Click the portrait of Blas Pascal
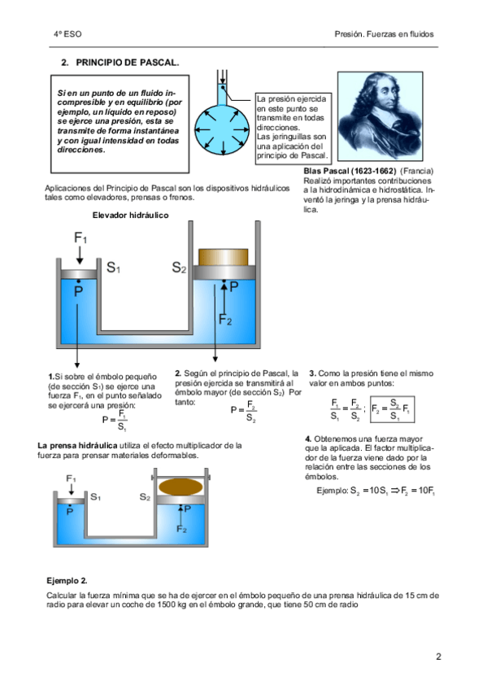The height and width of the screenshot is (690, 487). click(x=380, y=116)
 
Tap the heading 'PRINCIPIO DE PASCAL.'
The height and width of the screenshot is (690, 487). click(x=128, y=63)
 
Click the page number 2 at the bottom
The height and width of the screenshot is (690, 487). click(x=438, y=657)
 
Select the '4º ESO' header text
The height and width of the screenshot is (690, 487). click(x=67, y=34)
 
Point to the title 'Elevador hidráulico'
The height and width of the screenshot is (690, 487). click(x=131, y=215)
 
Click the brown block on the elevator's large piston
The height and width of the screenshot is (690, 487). click(x=224, y=257)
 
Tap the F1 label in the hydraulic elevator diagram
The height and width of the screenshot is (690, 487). click(x=80, y=238)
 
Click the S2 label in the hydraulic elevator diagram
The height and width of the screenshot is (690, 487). click(x=179, y=267)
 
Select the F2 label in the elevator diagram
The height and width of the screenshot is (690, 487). click(x=225, y=319)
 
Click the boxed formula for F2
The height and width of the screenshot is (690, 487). click(x=392, y=409)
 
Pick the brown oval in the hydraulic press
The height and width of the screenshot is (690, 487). click(x=180, y=487)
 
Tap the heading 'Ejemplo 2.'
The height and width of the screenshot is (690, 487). click(x=67, y=580)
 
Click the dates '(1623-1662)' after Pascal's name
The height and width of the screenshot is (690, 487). click(x=373, y=171)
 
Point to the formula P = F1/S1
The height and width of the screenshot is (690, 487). click(x=115, y=420)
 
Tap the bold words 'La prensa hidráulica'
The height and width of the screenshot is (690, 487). click(x=77, y=445)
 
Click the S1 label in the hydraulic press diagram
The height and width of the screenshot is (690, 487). click(x=95, y=497)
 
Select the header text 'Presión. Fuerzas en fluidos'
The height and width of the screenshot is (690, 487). click(x=384, y=34)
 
